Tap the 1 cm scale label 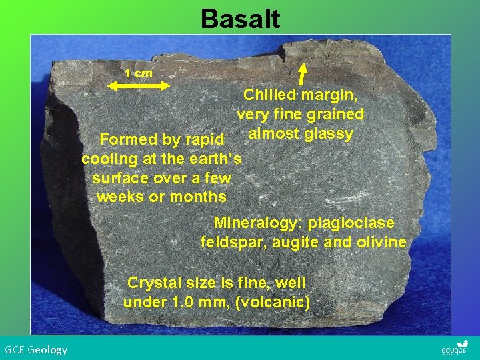[x=139, y=73]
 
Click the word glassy [x=328, y=134]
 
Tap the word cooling [x=108, y=159]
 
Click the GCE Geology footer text [x=36, y=349]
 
